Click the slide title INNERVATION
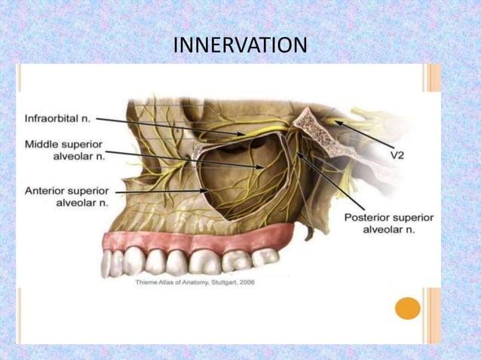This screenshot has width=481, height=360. click(x=240, y=46)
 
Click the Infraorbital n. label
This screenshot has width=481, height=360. click(x=58, y=118)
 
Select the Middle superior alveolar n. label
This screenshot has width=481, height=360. click(x=64, y=149)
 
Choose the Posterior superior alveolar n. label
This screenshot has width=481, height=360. click(x=388, y=224)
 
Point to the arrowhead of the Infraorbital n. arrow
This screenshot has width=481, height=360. click(x=243, y=134)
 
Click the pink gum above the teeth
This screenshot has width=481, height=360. click(x=188, y=241)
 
